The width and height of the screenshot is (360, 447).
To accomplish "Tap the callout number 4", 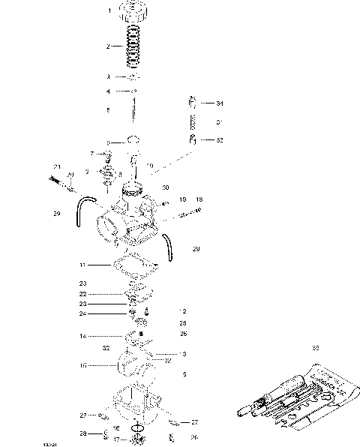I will (108, 91).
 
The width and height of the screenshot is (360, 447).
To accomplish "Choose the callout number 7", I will (92, 153).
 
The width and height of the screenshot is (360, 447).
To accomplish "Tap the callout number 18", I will (199, 200).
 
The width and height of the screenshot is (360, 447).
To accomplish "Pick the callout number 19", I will (182, 200).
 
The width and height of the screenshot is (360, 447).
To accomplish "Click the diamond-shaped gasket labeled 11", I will (135, 265).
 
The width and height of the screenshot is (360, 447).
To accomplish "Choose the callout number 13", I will (182, 353).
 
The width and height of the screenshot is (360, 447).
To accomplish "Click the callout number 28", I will (85, 433).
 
